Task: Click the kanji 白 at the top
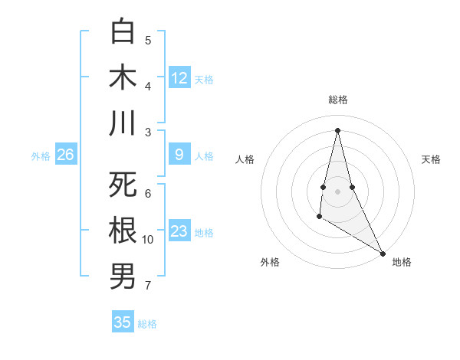[x=123, y=33]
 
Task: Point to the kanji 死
[x=123, y=186]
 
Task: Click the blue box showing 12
[x=179, y=77]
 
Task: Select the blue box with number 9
[x=179, y=155]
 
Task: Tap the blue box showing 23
[x=179, y=231]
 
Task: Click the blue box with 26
[x=66, y=155]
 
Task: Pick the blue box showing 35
[x=123, y=322]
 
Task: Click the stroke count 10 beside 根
[x=148, y=240]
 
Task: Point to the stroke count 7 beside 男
[x=148, y=286]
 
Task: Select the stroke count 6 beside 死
[x=148, y=193]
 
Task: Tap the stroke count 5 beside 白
[x=148, y=41]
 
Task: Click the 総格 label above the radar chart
[x=338, y=100]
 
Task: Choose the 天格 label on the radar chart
[x=432, y=159]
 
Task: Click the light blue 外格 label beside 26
[x=41, y=155]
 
